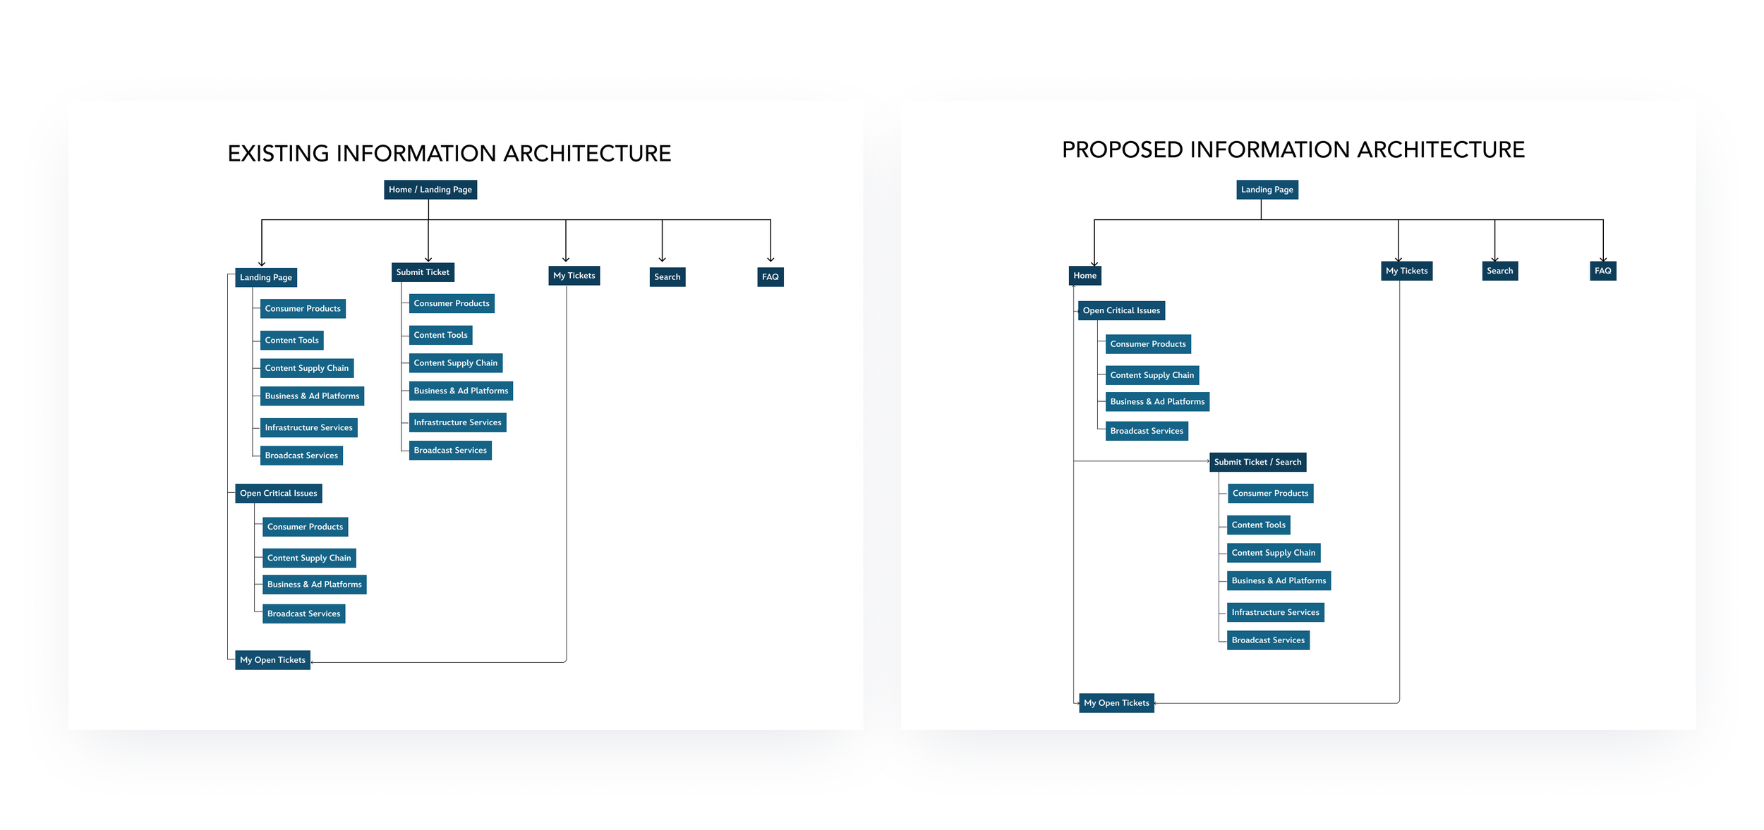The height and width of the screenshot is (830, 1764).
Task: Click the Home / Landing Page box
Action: pyautogui.click(x=430, y=190)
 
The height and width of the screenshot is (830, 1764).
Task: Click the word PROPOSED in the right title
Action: pyautogui.click(x=1122, y=150)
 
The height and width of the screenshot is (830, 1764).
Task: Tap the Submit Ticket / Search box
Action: pyautogui.click(x=1257, y=462)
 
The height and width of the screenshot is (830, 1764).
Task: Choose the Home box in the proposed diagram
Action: pyautogui.click(x=1085, y=276)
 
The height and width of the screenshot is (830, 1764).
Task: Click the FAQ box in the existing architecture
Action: pyautogui.click(x=770, y=277)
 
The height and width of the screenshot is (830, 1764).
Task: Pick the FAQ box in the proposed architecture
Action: pyautogui.click(x=1602, y=271)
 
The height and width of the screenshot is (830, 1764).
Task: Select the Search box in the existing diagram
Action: pyautogui.click(x=667, y=277)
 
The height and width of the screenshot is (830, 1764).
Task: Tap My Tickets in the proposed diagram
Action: pyautogui.click(x=1406, y=271)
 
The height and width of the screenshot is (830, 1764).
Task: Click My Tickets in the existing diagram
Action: pyautogui.click(x=574, y=276)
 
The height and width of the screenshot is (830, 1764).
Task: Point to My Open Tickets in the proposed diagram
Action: pyautogui.click(x=1116, y=703)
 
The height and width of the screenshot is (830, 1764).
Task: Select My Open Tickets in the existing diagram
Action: pyautogui.click(x=272, y=660)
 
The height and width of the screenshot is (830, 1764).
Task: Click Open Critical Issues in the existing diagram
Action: pyautogui.click(x=278, y=494)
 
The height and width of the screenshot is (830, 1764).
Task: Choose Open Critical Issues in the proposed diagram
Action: pyautogui.click(x=1121, y=310)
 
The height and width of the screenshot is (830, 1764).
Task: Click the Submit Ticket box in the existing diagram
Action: pyautogui.click(x=423, y=272)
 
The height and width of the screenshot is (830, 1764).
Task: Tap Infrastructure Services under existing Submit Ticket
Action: pyautogui.click(x=457, y=422)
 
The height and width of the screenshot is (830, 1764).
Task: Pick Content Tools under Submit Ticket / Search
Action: pyautogui.click(x=1258, y=525)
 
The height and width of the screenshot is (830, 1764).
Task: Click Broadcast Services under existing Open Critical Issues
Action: pyautogui.click(x=303, y=614)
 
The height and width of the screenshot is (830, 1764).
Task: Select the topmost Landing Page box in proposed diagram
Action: pyautogui.click(x=1267, y=190)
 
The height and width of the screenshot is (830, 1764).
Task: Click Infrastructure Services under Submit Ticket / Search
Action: pyautogui.click(x=1275, y=612)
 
